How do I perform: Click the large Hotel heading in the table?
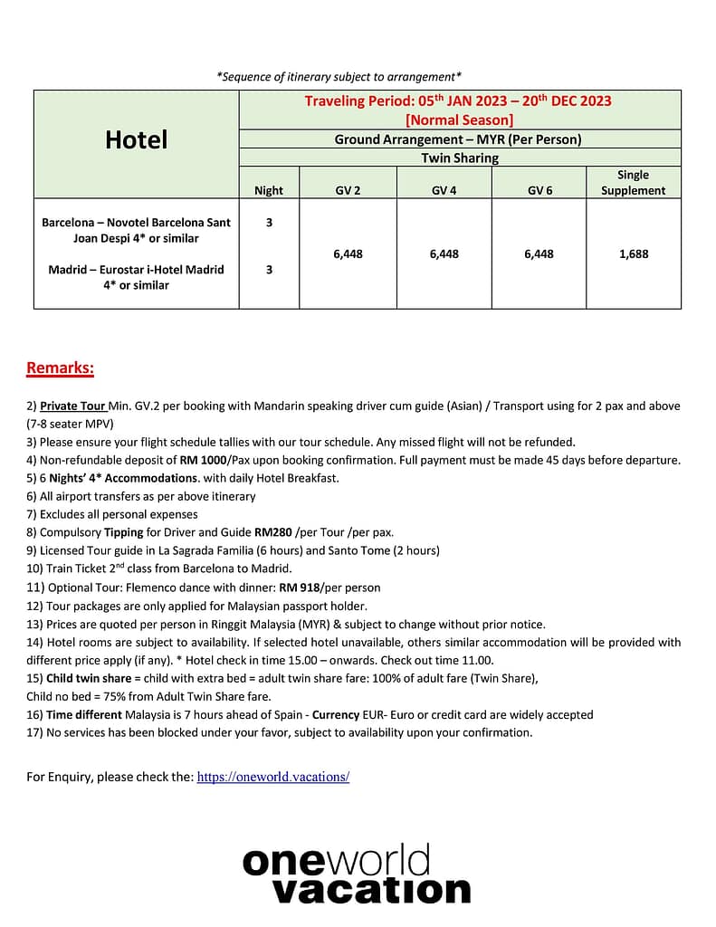137,139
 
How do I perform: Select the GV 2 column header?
348,190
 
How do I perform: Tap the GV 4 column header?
444,190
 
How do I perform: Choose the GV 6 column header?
539,190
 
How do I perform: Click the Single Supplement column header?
633,182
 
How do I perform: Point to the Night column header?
269,190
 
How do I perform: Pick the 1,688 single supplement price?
634,254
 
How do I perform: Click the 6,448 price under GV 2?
348,254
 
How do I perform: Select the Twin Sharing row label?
460,158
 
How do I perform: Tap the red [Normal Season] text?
459,119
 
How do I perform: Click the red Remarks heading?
60,368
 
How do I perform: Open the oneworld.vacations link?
272,777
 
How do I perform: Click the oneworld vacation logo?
357,874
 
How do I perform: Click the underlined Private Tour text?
73,406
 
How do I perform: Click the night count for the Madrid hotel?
269,269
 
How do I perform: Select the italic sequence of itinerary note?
339,77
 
